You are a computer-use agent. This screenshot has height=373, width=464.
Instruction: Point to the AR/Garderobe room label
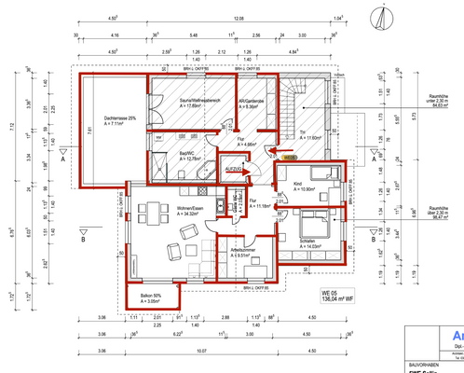click(252, 104)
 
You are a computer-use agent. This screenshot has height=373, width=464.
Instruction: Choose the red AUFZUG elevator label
click(233, 169)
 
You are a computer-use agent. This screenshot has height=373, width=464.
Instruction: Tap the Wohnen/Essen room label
click(168, 211)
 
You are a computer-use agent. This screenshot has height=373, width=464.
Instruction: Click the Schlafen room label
click(313, 241)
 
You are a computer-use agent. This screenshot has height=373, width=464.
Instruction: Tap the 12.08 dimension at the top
click(239, 18)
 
